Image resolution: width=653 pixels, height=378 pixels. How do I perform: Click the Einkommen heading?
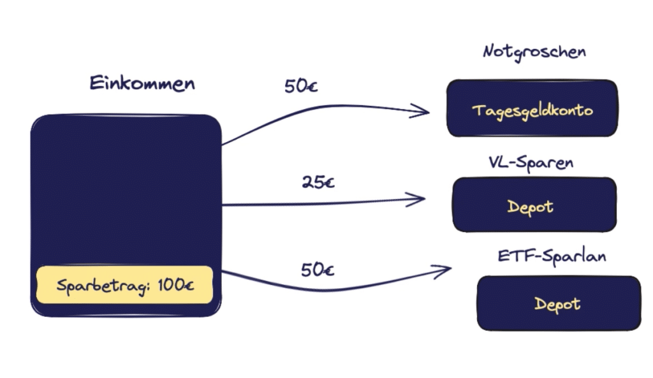142,84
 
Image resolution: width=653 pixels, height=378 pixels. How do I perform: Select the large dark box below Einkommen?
126,215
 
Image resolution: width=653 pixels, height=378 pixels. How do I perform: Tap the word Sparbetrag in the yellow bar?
103,286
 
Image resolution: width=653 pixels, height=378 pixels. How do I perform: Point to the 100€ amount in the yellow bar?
176,285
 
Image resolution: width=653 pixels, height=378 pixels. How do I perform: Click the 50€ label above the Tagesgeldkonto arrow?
301,86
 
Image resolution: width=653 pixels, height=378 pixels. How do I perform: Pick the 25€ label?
318,182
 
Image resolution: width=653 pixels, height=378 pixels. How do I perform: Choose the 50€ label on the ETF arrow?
318,270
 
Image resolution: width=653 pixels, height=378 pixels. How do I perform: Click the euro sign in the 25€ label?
328,183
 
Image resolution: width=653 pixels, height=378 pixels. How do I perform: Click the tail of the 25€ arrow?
223,205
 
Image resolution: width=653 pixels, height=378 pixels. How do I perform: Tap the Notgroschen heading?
534,52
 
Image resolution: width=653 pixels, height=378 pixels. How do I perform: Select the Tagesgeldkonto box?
532,108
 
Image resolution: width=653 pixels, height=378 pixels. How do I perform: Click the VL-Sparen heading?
531,163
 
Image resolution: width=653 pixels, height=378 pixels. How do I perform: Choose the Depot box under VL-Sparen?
534,205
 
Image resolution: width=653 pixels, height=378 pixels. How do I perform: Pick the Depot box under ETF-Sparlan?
559,303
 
